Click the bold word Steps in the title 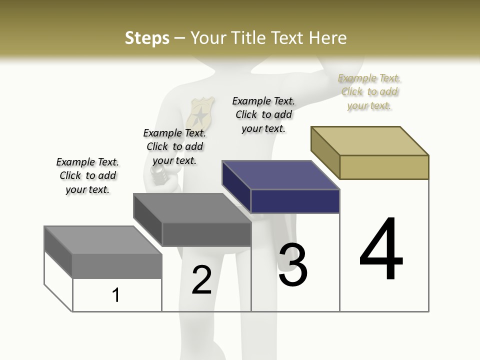[x=147, y=38]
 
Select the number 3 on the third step [x=292, y=265]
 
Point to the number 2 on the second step [x=201, y=280]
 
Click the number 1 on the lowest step [x=116, y=295]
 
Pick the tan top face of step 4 [x=370, y=140]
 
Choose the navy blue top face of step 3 [x=280, y=175]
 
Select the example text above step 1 [x=87, y=175]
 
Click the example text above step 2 [x=174, y=146]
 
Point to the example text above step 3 [x=263, y=114]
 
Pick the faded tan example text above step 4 [x=369, y=91]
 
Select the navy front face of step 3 [x=295, y=201]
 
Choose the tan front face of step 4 [x=384, y=167]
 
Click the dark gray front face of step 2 [x=206, y=234]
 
